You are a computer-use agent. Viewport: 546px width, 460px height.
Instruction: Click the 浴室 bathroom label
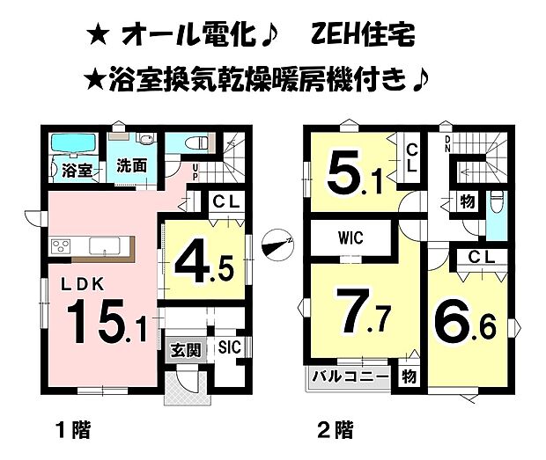(73, 170)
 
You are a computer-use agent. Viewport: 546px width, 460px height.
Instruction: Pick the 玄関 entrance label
(186, 349)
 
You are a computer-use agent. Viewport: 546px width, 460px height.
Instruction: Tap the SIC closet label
(230, 345)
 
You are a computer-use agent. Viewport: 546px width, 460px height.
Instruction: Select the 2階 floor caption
(336, 430)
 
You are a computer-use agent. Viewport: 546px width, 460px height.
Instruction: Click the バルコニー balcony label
(350, 378)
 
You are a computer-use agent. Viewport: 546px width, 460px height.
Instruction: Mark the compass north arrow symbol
(279, 239)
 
